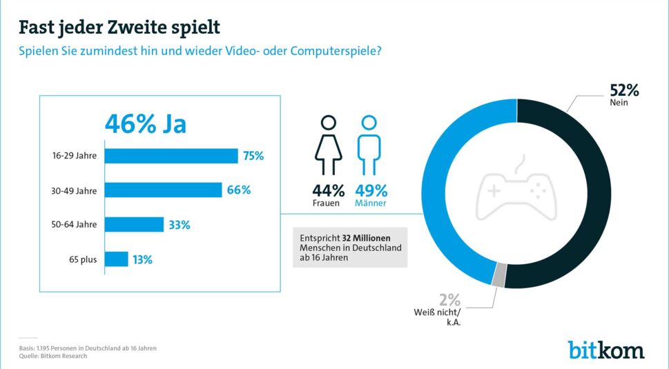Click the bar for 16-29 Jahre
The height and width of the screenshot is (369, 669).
pos(172,156)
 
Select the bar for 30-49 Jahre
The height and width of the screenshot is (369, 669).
pos(164,190)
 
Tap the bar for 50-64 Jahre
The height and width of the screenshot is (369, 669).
pos(135,224)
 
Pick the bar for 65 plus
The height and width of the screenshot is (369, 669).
pos(117,259)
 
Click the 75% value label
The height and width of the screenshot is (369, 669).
pos(253,156)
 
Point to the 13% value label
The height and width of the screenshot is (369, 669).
pos(143,260)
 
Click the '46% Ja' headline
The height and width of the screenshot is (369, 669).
pos(146,125)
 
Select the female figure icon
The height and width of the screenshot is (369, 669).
pos(329,146)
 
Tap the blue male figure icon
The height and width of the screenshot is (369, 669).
pos(370,146)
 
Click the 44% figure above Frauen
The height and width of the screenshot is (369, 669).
pos(329,190)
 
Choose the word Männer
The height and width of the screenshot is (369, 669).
pos(371,204)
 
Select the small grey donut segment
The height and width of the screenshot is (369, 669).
pos(499,275)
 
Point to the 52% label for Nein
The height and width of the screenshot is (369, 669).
pos(623,90)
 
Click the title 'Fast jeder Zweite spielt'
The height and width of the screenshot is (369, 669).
pos(119,28)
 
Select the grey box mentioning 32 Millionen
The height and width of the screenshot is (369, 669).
pos(350,247)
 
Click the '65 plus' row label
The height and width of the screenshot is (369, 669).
pos(82,259)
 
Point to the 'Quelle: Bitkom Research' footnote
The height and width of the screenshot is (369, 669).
pos(52,357)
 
